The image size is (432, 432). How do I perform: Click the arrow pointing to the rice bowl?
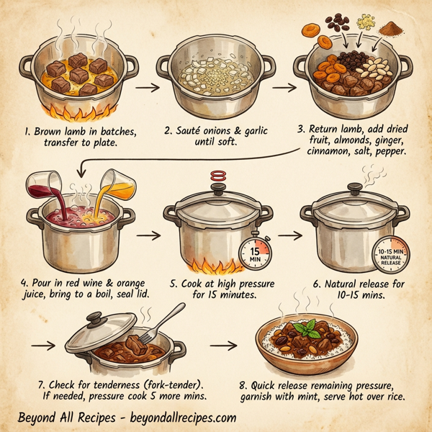click(228, 346)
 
